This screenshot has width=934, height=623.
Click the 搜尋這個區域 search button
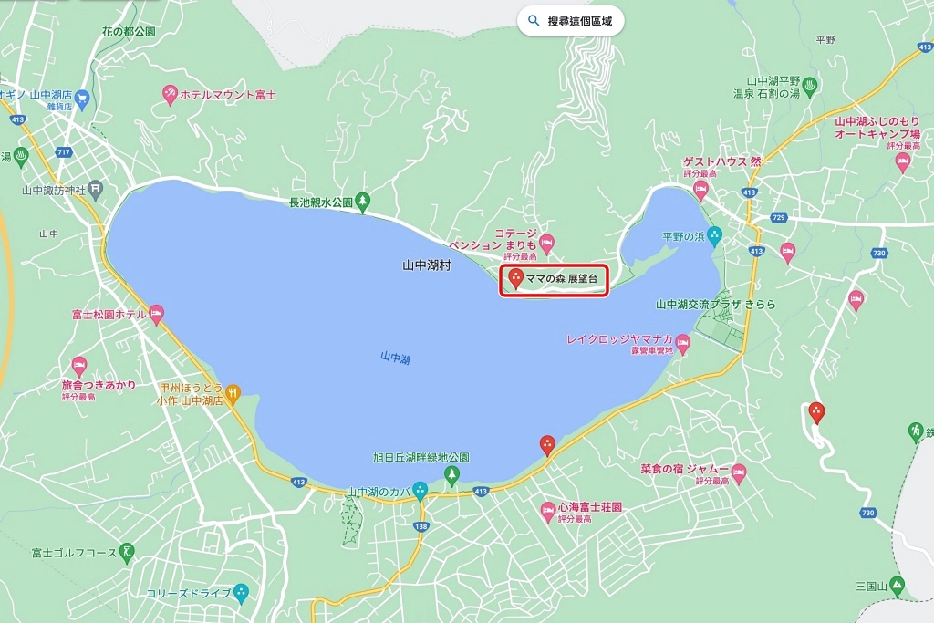tap(571, 21)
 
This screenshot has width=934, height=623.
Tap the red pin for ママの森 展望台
tap(515, 278)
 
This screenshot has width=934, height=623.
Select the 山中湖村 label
tap(427, 265)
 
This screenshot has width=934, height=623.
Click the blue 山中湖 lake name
tap(395, 358)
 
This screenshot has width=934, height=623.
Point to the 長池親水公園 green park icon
tap(363, 200)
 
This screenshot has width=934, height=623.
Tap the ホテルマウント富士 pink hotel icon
tap(170, 94)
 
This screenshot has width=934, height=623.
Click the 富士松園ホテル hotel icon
tap(156, 316)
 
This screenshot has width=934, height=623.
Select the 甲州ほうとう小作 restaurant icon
tap(233, 393)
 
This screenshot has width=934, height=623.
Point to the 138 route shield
tap(420, 526)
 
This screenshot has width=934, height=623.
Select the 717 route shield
tap(63, 151)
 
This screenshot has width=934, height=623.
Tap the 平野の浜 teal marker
tap(715, 236)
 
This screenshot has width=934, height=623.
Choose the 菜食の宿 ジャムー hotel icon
tap(739, 474)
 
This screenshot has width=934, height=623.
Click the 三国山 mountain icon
tap(898, 585)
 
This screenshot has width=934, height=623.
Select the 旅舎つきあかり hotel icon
tap(78, 367)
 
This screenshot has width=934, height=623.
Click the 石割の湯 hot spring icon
tap(809, 87)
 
